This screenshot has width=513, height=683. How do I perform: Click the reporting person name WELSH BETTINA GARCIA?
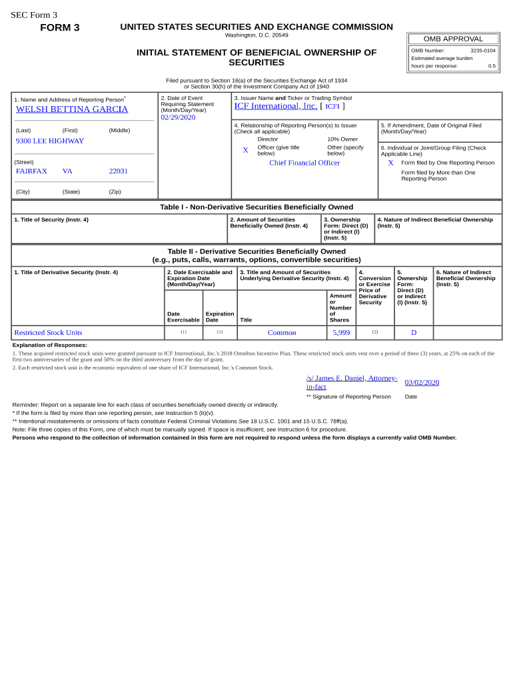pyautogui.click(x=71, y=109)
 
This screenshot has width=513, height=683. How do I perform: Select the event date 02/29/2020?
pyautogui.click(x=178, y=117)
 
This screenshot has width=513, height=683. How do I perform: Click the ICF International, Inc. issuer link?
pyautogui.click(x=275, y=106)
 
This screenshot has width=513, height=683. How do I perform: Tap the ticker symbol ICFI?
pyautogui.click(x=332, y=107)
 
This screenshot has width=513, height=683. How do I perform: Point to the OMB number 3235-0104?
pyautogui.click(x=482, y=51)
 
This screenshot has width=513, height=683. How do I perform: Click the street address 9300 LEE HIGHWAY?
pyautogui.click(x=50, y=141)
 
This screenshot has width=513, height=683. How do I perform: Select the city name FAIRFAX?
pyautogui.click(x=31, y=171)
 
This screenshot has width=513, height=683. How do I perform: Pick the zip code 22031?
pyautogui.click(x=118, y=171)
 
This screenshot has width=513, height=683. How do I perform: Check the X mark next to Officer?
pyautogui.click(x=245, y=151)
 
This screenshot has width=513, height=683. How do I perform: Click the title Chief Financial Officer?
pyautogui.click(x=304, y=163)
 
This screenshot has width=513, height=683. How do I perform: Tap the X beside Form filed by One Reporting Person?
pyautogui.click(x=390, y=163)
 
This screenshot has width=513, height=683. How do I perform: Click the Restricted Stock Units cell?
pyautogui.click(x=48, y=333)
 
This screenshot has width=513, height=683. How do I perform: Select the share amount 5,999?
pyautogui.click(x=341, y=333)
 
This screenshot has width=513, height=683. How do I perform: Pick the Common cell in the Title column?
pyautogui.click(x=282, y=333)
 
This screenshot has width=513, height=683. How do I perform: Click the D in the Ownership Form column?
pyautogui.click(x=413, y=333)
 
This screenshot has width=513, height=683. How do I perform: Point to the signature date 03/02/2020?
pyautogui.click(x=422, y=383)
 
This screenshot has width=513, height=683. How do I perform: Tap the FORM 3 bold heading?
pyautogui.click(x=60, y=27)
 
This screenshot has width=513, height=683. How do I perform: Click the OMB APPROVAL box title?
pyautogui.click(x=453, y=39)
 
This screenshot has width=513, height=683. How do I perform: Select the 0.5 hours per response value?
pyautogui.click(x=492, y=66)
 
